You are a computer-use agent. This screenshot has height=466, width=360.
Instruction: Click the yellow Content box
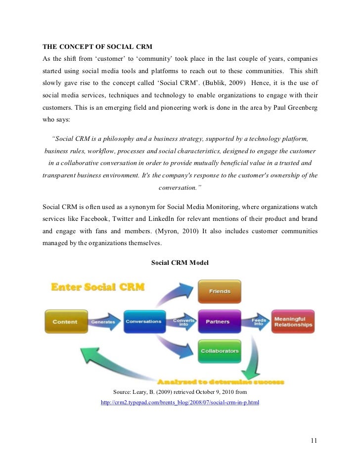pos(65,322)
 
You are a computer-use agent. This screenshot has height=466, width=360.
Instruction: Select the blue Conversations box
pos(143,321)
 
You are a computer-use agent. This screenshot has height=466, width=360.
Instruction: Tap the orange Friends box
pos(220,292)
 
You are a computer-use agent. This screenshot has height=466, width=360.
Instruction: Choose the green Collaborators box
pos(220,351)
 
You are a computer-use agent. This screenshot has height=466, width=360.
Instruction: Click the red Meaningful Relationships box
pos(293,322)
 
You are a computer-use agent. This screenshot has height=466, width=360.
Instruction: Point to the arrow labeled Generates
pos(104,322)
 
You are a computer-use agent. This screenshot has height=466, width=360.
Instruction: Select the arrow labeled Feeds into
pos(258,322)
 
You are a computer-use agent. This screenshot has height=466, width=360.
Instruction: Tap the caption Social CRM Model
pos(180,263)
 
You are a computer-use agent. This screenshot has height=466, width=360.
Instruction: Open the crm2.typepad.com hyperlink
pos(180,403)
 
